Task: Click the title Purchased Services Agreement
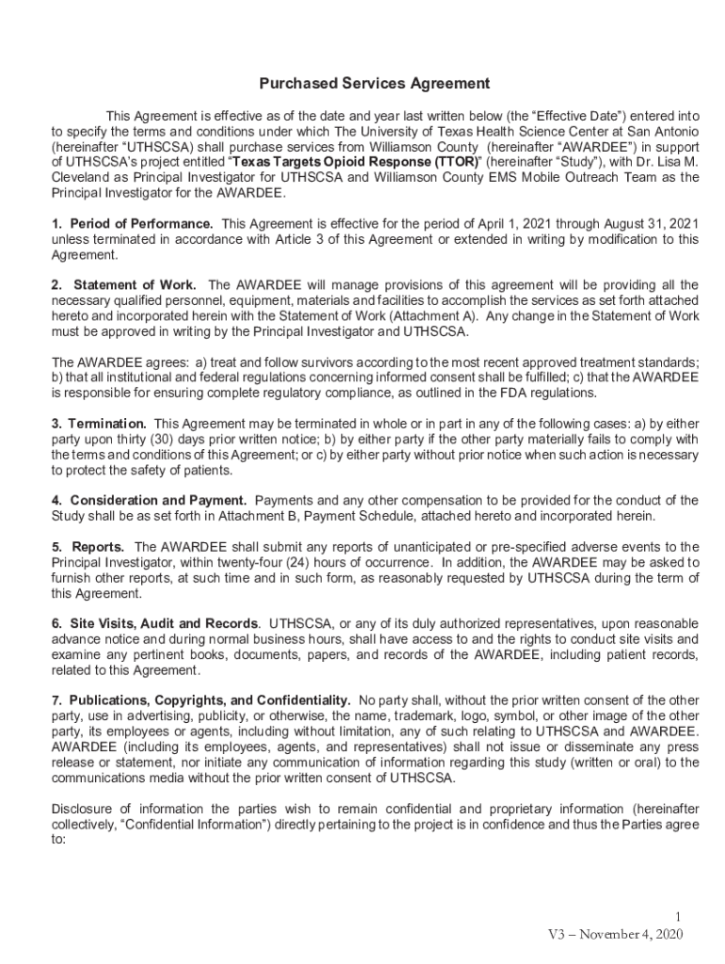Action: coord(362,84)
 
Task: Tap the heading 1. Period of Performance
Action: coord(132,223)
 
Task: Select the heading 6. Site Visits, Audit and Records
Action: coord(154,624)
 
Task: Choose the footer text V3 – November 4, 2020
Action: coord(615,934)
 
